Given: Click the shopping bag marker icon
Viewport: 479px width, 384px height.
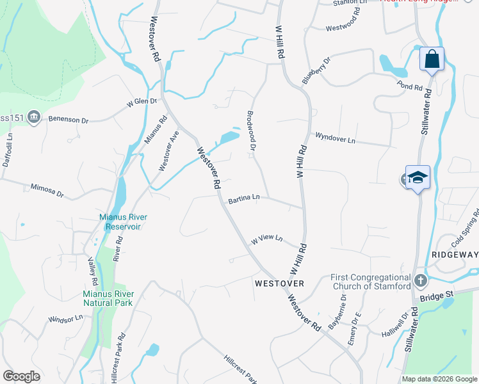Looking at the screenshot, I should click(432, 60).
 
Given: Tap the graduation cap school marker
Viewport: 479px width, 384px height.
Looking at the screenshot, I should click(417, 177).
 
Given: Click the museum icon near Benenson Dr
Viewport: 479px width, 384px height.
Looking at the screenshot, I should click(34, 116).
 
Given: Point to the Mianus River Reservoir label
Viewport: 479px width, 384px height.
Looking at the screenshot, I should click(120, 221).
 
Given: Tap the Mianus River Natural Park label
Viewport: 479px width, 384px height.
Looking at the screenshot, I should click(108, 298).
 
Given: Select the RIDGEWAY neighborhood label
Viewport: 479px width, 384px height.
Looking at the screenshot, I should click(455, 255).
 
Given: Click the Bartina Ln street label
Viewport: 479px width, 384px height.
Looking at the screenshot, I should click(244, 199).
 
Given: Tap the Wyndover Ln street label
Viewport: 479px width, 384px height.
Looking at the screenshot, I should click(334, 138).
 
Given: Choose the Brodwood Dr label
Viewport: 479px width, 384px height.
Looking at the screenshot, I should click(251, 131).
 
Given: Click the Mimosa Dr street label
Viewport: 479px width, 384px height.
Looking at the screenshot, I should click(47, 189).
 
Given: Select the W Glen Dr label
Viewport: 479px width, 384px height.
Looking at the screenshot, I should click(142, 102).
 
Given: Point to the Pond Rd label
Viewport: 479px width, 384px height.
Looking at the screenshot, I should click(410, 86).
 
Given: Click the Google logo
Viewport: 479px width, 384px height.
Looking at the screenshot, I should click(22, 376).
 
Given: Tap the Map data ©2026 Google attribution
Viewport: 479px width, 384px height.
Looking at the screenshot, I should click(439, 379).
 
